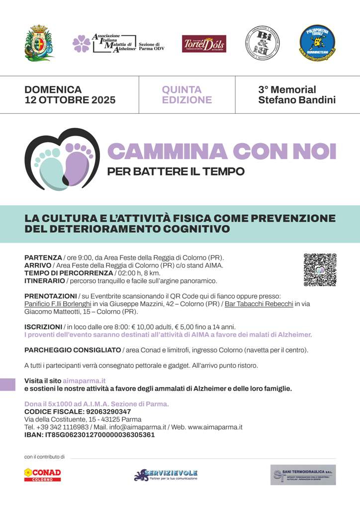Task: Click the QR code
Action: (320, 270)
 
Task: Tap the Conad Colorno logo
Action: (43, 475)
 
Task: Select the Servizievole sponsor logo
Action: (166, 475)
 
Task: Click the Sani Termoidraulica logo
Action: (303, 475)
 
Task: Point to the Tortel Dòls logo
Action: (204, 44)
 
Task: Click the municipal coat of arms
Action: (39, 43)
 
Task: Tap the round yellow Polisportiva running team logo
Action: (317, 43)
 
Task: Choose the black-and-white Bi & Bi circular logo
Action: (262, 43)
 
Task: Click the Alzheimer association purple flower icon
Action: (82, 44)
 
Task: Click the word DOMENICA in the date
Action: (53, 90)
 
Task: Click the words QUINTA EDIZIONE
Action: (186, 95)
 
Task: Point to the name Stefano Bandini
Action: (297, 100)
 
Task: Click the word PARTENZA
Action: (43, 257)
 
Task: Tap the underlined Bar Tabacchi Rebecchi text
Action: (259, 304)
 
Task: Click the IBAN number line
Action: (90, 434)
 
